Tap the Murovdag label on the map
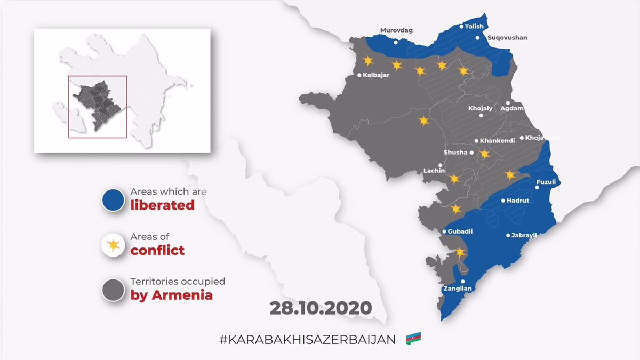click(x=396, y=30)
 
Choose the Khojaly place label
click(x=480, y=108)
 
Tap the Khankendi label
click(x=497, y=141)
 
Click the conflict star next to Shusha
click(x=484, y=154)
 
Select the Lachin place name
click(x=434, y=171)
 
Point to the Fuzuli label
click(x=546, y=182)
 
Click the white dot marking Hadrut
click(x=502, y=201)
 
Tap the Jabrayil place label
click(x=523, y=235)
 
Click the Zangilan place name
click(x=457, y=289)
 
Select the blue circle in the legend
click(x=113, y=199)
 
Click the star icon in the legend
click(x=113, y=245)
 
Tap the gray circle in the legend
click(x=113, y=290)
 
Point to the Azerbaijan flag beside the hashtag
click(x=413, y=338)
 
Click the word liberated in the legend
click(x=162, y=205)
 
